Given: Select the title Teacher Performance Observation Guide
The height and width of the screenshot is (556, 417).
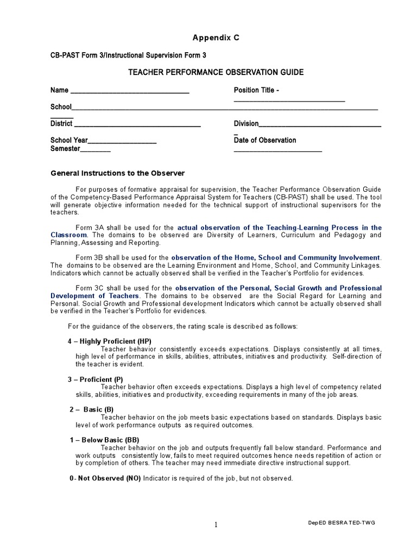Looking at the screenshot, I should (216, 72).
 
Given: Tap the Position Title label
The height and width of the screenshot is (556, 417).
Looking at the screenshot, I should (256, 90).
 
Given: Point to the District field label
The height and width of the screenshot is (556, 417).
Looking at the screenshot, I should (61, 124).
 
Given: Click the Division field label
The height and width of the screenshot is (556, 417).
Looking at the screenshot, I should (246, 124).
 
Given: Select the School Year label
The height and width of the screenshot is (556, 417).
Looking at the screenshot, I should (69, 140).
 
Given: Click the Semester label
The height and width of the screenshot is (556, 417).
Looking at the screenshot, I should (65, 149).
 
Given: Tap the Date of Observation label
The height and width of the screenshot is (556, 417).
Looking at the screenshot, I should (265, 140).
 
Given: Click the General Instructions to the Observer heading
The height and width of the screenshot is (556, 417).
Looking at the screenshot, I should (118, 173).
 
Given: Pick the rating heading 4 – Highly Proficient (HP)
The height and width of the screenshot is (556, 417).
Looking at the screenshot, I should (109, 341).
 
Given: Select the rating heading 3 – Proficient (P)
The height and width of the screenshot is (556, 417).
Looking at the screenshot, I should (95, 379).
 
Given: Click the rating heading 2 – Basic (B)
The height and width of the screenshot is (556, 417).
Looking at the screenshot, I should (92, 409).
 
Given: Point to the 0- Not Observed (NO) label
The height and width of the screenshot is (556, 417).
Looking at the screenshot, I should (104, 478).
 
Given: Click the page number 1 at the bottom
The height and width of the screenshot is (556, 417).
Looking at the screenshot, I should (216, 525).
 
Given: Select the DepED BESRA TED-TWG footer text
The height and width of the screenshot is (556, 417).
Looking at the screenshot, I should (340, 522).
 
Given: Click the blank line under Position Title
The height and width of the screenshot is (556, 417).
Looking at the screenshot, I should (289, 100).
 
